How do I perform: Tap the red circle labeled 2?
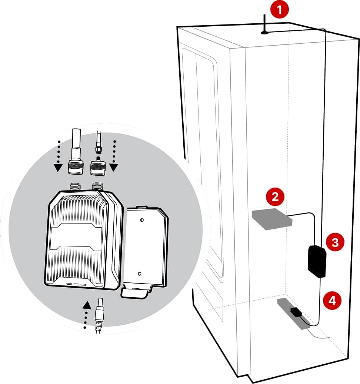pyautogui.click(x=275, y=196)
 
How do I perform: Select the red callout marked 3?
pyautogui.click(x=334, y=242)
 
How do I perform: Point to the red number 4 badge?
pyautogui.click(x=332, y=300)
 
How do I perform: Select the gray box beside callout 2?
pyautogui.click(x=271, y=219)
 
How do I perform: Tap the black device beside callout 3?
pyautogui.click(x=317, y=261)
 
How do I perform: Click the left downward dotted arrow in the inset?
pyautogui.click(x=57, y=156)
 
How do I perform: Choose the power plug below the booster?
pyautogui.click(x=99, y=315)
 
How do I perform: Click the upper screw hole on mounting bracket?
pyautogui.click(x=141, y=219)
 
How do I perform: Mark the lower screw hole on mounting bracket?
pyautogui.click(x=140, y=274)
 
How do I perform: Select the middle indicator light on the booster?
pyautogui.click(x=76, y=285)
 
